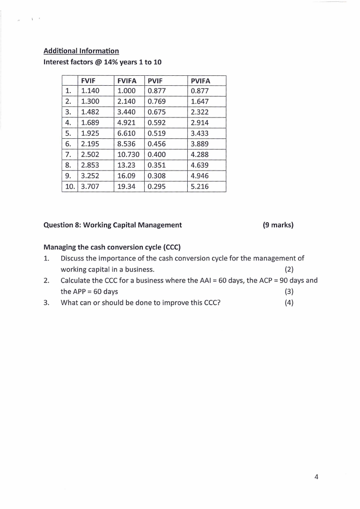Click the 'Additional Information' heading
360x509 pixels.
pyautogui.click(x=81, y=51)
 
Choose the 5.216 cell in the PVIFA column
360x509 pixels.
pyautogui.click(x=200, y=186)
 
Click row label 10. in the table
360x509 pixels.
pyautogui.click(x=70, y=186)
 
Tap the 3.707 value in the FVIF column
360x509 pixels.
pyautogui.click(x=90, y=186)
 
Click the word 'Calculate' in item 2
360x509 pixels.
pyautogui.click(x=76, y=280)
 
